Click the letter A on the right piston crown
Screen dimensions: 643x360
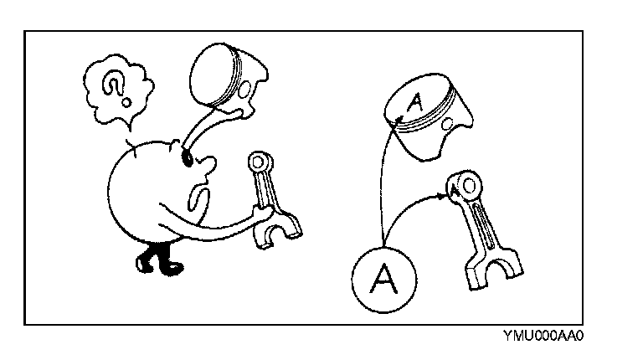(x=414, y=104)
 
